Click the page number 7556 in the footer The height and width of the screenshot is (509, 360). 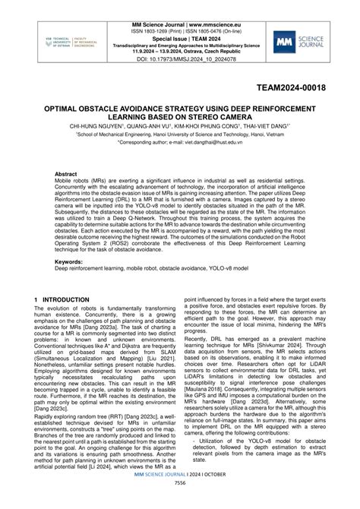pos(180,503)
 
